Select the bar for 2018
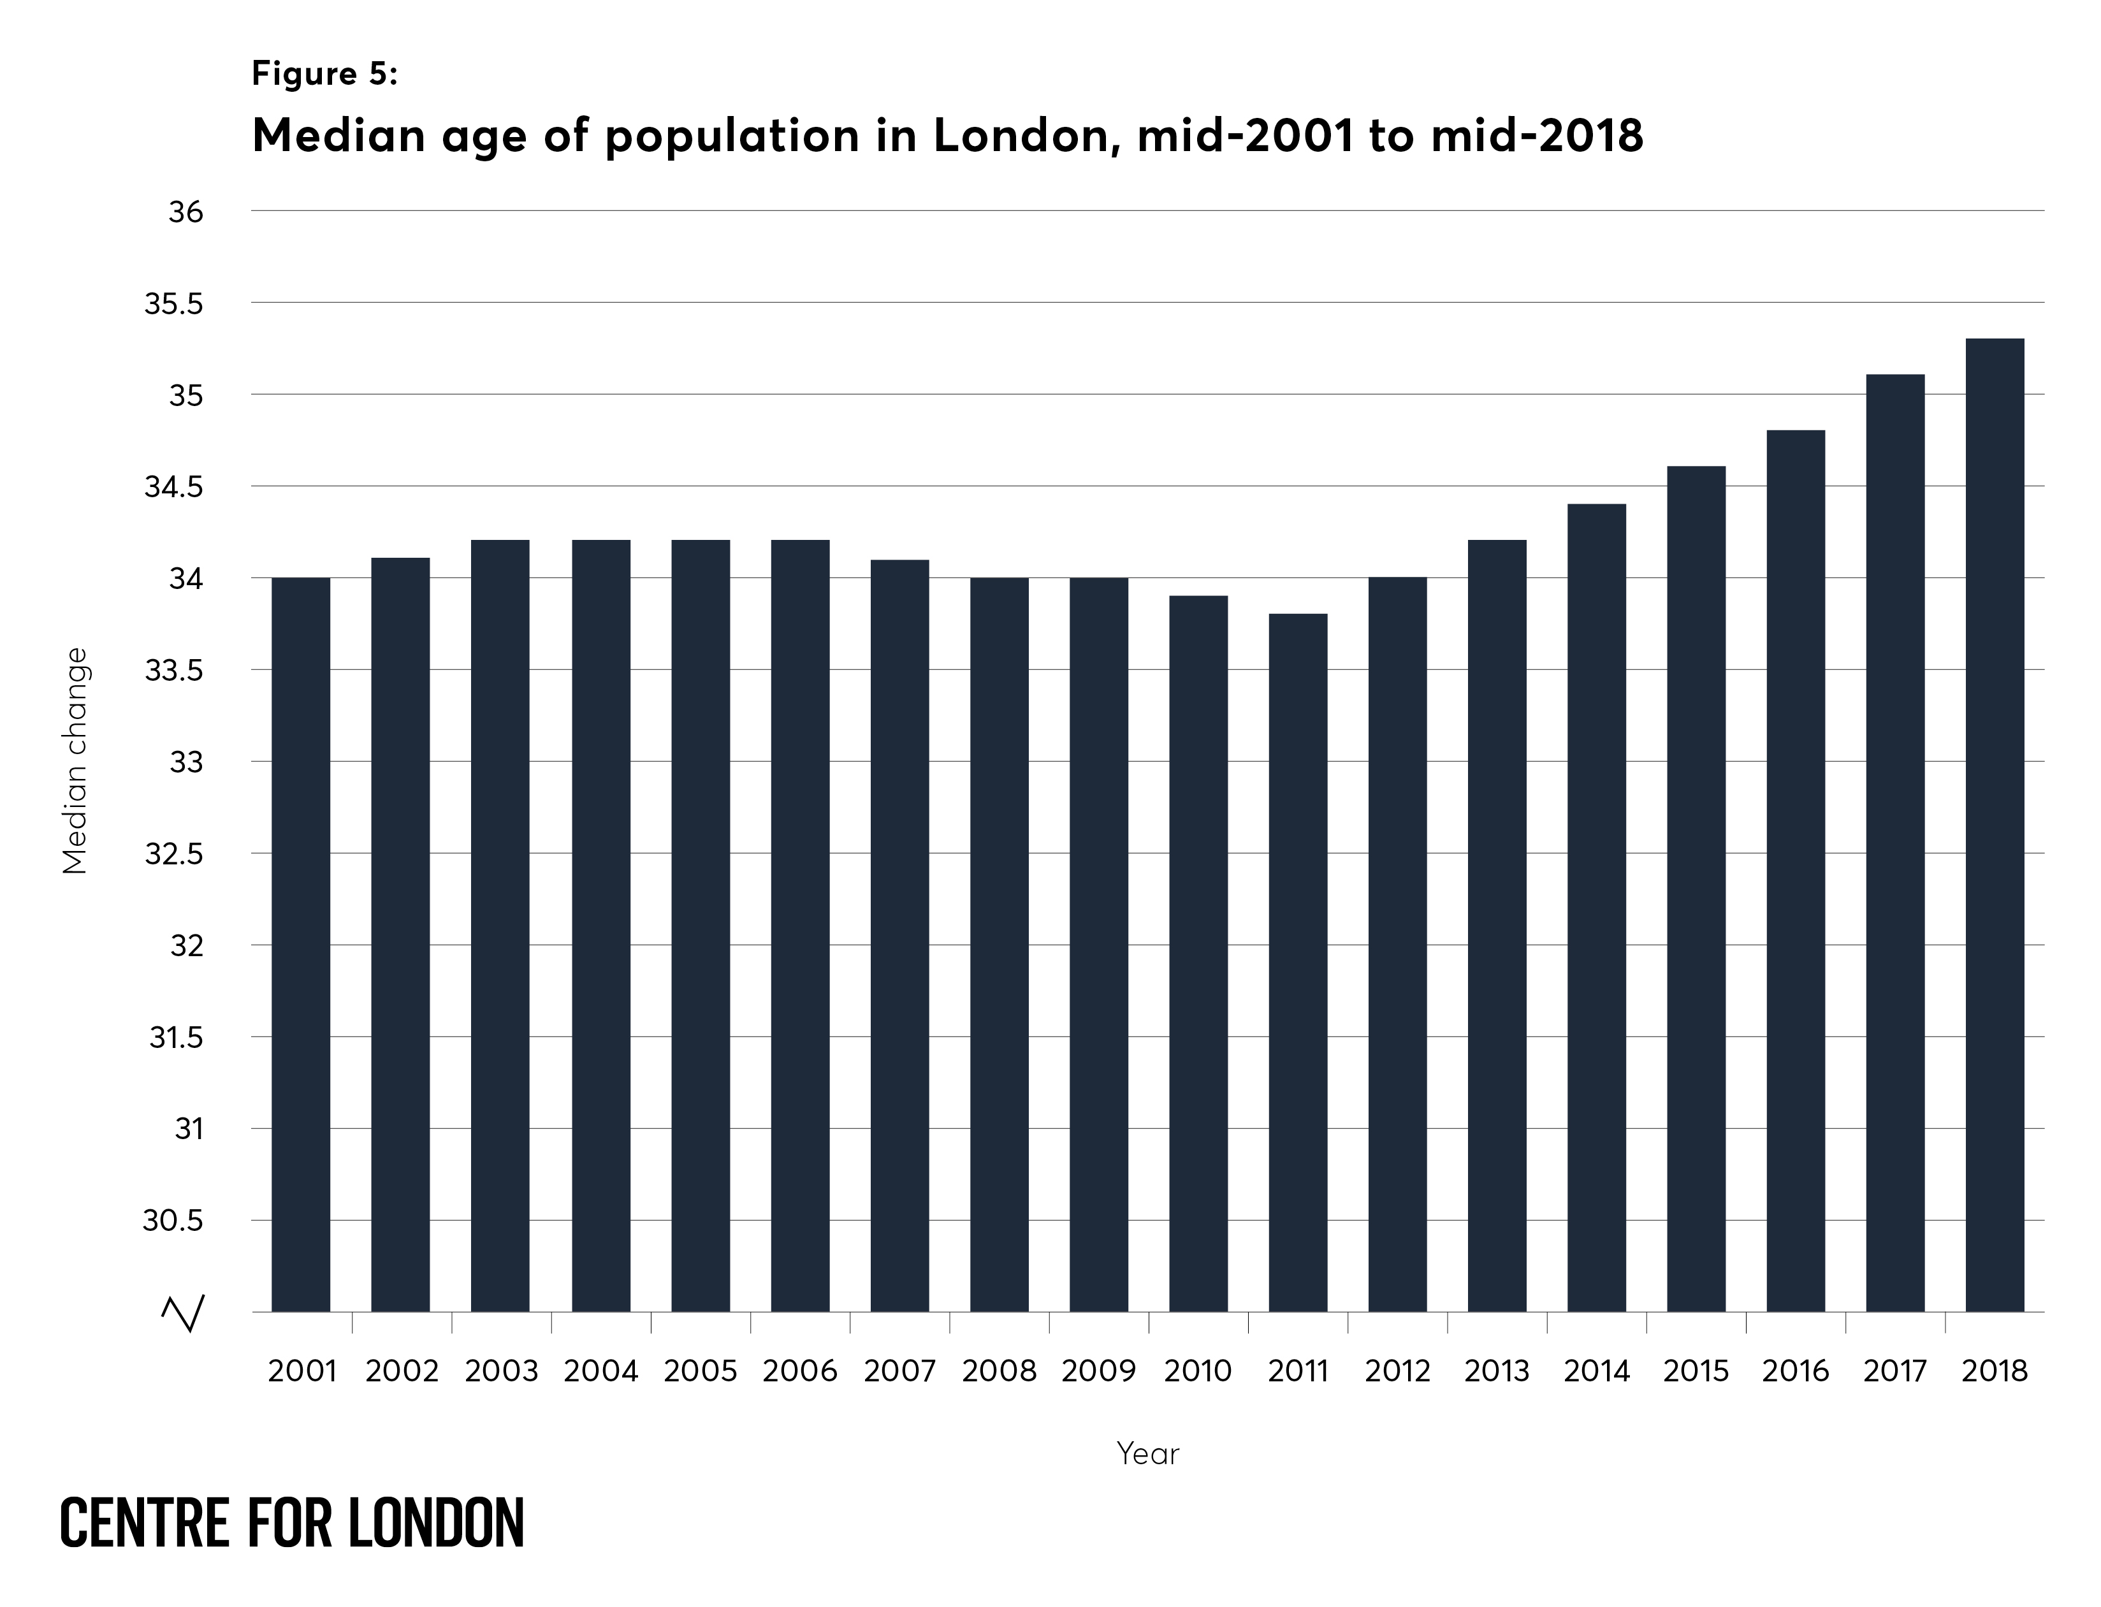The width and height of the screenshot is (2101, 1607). (1994, 825)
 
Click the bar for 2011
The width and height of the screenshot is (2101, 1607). (1298, 963)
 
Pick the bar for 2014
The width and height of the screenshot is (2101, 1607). (1596, 907)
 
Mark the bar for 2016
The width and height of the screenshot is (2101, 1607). (1795, 871)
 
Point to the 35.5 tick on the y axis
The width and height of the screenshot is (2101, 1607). (174, 304)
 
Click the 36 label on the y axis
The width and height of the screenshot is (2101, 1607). (185, 212)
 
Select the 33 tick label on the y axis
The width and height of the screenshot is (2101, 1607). (187, 763)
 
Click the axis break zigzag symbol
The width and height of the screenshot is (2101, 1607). (183, 1313)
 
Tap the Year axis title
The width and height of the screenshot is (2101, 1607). (1147, 1454)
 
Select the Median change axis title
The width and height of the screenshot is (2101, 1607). (75, 760)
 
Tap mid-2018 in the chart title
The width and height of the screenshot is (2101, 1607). (1537, 135)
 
